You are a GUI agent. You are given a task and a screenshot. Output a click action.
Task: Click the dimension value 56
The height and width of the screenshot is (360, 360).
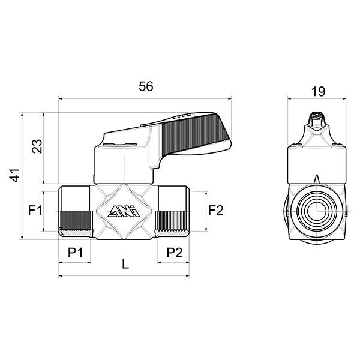click(x=146, y=86)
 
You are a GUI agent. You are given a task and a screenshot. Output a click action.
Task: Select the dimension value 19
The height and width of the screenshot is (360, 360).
click(x=317, y=91)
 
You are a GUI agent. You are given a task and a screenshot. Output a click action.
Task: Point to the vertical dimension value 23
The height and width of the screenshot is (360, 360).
click(x=37, y=146)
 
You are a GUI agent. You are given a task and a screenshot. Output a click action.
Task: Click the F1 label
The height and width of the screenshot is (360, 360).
click(x=35, y=211)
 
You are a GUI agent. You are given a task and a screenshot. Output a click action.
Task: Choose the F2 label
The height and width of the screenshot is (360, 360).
click(x=215, y=210)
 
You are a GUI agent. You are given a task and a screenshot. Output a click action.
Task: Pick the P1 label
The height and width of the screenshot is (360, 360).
click(x=75, y=253)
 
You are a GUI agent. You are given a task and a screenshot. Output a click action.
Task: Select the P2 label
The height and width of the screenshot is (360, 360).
click(x=174, y=253)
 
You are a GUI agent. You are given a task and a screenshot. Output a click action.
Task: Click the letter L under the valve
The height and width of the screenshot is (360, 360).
click(x=124, y=263)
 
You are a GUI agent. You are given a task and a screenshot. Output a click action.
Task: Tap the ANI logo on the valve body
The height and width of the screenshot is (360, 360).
click(x=124, y=211)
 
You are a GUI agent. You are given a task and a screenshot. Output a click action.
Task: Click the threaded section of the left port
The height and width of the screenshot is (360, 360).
click(x=74, y=222)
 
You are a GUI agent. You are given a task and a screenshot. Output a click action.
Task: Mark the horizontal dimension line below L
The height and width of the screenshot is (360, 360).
click(x=124, y=277)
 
